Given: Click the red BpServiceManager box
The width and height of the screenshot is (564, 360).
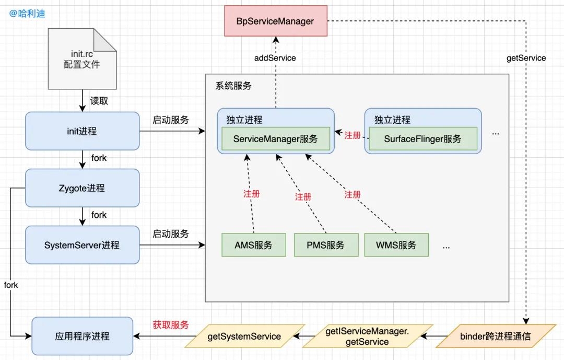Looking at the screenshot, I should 276,21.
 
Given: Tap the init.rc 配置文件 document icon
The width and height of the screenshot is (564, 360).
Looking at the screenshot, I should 82,59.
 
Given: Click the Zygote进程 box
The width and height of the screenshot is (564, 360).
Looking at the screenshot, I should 82,188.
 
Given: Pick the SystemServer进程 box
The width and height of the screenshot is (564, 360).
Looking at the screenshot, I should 82,245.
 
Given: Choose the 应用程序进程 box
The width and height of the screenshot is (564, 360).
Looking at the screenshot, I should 82,336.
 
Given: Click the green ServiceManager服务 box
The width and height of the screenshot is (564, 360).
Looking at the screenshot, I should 275,139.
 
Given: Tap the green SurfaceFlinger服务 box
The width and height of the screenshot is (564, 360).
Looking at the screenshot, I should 422,139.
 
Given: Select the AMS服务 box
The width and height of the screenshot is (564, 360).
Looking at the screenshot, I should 253,245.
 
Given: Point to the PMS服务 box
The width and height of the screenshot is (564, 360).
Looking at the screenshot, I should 326,245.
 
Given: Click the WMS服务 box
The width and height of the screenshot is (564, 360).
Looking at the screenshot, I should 395,245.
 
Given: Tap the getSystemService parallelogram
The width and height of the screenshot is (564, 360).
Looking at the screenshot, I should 244,336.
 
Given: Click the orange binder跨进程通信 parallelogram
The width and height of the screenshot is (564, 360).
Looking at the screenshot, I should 495,336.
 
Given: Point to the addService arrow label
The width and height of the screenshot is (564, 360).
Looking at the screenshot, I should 275,58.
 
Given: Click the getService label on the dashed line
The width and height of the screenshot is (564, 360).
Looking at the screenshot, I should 526,58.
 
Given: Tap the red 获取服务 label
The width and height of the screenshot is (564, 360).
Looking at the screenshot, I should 170,324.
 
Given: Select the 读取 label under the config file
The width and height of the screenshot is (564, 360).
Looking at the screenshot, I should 99,101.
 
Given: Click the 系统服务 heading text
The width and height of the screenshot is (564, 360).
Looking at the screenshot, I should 233,86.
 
